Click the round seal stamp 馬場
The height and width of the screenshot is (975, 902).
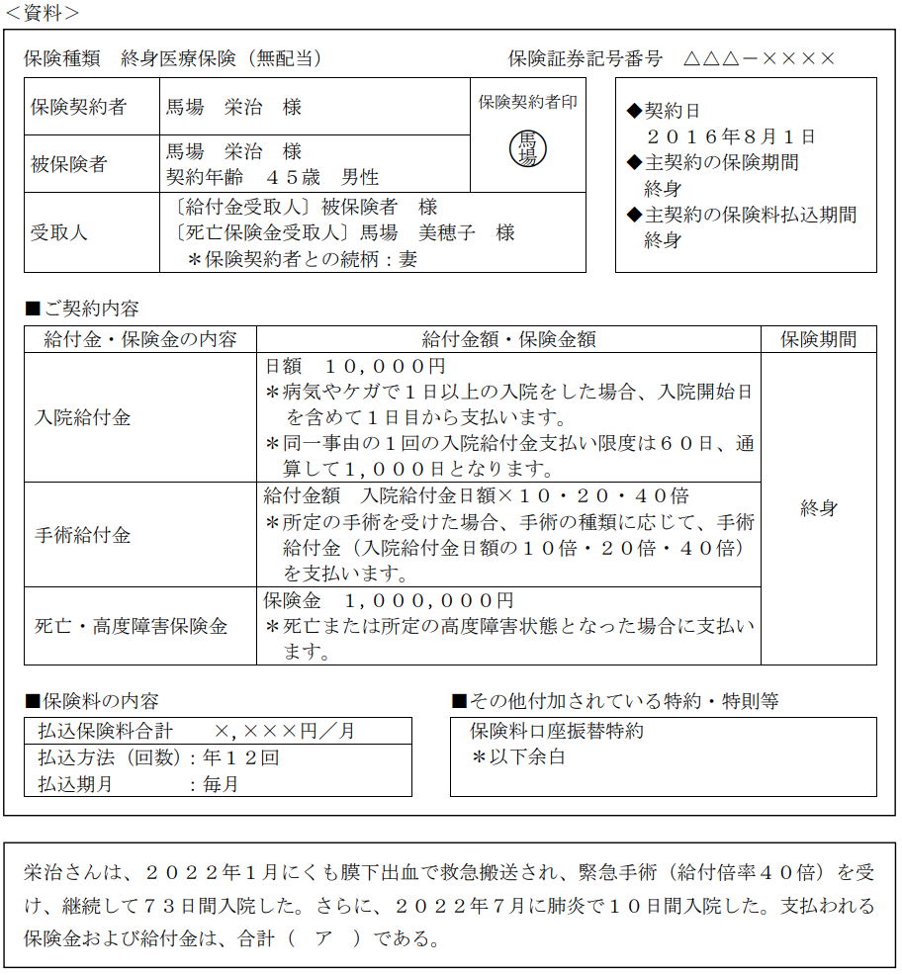[x=528, y=149]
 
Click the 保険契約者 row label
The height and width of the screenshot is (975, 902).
[x=78, y=107]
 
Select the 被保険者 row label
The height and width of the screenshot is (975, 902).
[x=68, y=164]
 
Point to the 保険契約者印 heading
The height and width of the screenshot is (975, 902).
[x=528, y=102]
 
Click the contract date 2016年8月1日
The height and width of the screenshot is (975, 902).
[x=730, y=136]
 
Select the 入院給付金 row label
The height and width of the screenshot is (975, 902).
[x=82, y=417]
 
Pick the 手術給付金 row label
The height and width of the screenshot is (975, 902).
[x=82, y=535]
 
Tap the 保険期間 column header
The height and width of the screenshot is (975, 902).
[x=818, y=339]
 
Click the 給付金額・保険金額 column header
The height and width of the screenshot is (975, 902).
[x=508, y=339]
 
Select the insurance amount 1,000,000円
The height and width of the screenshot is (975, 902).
[x=428, y=601]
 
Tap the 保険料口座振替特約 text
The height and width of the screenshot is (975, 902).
[x=556, y=731]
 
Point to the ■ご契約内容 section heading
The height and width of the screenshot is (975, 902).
[x=82, y=308]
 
